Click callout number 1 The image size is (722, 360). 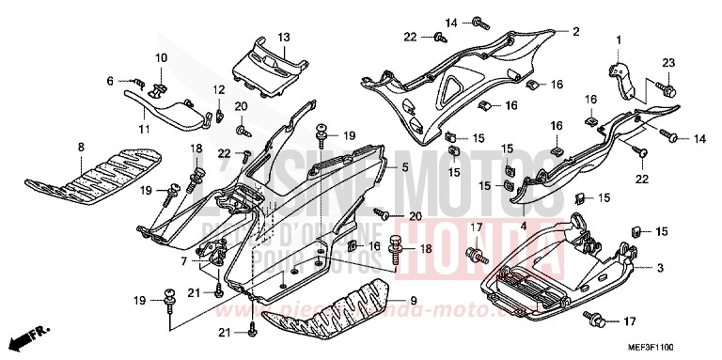click(x=620, y=39)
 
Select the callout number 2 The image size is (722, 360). click(x=574, y=31)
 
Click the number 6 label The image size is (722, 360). click(x=109, y=81)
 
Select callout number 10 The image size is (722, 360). click(x=161, y=58)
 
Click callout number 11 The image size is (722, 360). click(x=146, y=128)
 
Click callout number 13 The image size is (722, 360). click(x=283, y=38)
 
